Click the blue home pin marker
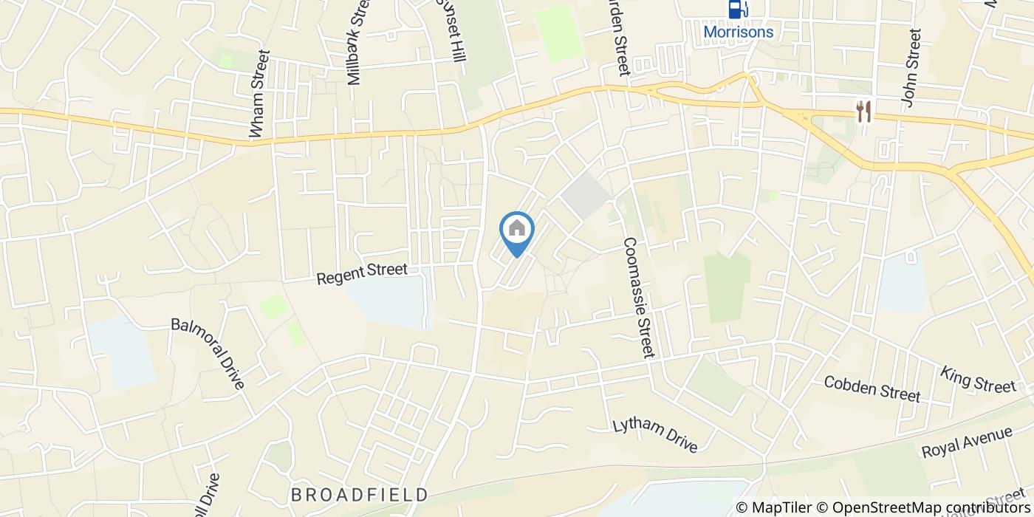pos(517,230)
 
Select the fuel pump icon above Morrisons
pos(736,10)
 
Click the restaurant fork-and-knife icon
pos(863,112)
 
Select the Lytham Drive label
pos(655,436)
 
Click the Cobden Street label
pos(872,388)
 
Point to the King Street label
pos(978,379)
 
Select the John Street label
pos(911,68)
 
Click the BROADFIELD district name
pos(359,494)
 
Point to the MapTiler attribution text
pos(775,507)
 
